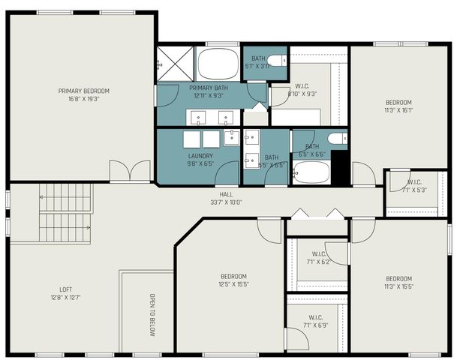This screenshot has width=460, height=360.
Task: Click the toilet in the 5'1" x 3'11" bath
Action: (277, 61)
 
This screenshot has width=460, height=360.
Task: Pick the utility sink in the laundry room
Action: (232, 136)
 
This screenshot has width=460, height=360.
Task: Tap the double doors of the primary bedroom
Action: (130, 171)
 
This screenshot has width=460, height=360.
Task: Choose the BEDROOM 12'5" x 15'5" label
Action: (233, 280)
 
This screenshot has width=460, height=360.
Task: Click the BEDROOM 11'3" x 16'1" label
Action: (398, 106)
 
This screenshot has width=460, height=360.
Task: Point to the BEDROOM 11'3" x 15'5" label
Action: (398, 282)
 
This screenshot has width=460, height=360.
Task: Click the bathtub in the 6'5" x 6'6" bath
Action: (311, 173)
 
